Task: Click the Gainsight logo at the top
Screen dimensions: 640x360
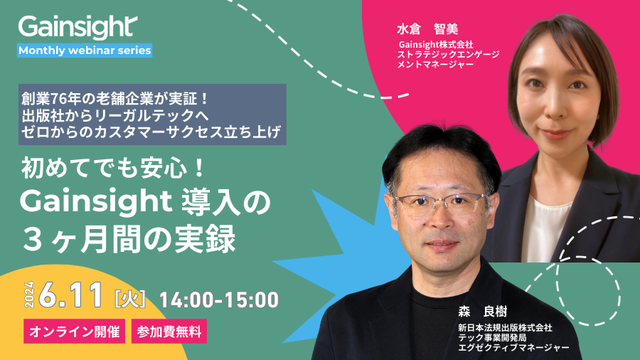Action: pos(78,27)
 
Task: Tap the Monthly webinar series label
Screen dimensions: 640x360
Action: pos(85,51)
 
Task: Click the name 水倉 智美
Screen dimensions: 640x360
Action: pos(427,29)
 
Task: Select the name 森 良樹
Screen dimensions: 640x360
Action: pos(482,312)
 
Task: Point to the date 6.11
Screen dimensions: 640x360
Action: pos(70,295)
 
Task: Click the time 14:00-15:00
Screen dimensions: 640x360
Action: pos(219,300)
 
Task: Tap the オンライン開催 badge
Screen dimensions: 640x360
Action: pos(74,331)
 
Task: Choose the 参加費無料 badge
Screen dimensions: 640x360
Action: pos(169,331)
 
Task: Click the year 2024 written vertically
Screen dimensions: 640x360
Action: pos(29,295)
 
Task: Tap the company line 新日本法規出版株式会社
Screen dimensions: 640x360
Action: pos(505,328)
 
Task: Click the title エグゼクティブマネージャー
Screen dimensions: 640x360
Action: pos(513,347)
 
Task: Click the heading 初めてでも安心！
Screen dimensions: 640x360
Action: pos(113,169)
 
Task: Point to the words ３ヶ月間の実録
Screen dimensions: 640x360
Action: pos(129,239)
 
